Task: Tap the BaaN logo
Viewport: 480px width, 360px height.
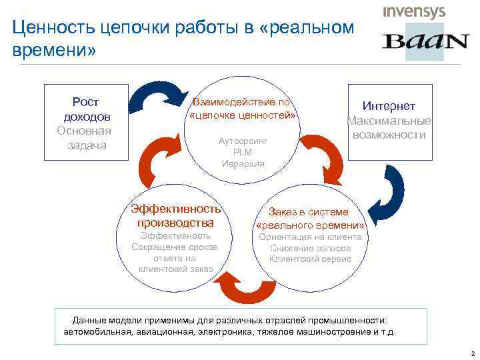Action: click(425, 41)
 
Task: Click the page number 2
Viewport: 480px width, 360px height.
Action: click(471, 351)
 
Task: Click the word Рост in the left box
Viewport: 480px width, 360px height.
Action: click(85, 102)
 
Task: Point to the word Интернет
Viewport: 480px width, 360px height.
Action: click(389, 106)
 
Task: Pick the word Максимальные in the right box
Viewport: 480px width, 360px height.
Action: click(389, 121)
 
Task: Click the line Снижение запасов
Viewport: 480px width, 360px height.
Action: click(310, 248)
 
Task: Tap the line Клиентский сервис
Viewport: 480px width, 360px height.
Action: click(310, 259)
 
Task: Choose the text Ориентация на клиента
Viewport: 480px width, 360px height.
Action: click(310, 237)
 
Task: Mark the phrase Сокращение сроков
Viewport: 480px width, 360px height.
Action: click(175, 247)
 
